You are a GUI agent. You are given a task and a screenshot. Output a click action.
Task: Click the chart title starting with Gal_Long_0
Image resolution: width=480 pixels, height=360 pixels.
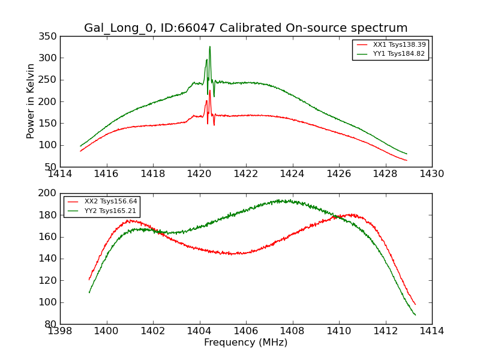pos(245,28)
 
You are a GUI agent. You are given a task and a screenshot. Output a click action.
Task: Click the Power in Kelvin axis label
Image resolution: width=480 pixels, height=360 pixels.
pos(31,101)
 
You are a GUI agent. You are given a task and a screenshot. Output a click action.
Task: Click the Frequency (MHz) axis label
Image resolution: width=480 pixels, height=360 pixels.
pos(245,343)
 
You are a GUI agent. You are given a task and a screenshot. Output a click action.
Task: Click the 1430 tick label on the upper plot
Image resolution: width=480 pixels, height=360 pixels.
pos(431,174)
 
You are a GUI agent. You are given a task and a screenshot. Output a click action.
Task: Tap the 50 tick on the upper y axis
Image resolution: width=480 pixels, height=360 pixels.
pos(50,167)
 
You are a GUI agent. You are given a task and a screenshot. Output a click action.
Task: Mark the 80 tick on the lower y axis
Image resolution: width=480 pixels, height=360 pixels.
pos(50,324)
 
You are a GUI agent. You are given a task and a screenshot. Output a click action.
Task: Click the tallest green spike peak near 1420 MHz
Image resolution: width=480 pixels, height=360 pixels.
pos(209,47)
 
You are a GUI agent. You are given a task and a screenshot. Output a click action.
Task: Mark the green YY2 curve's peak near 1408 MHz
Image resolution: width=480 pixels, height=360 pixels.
pos(290,200)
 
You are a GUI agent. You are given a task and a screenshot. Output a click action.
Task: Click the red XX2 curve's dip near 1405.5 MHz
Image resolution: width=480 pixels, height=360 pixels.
pos(234,254)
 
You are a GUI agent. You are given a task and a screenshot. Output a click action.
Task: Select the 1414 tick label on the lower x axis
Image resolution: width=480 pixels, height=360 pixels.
pos(431,331)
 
